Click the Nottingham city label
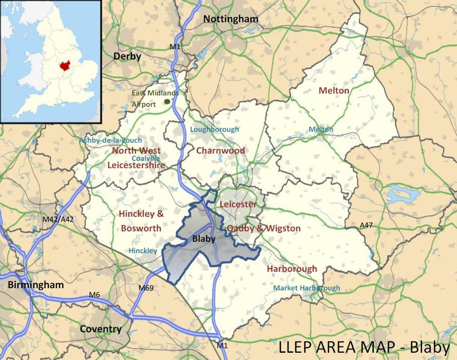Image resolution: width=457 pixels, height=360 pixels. click(x=231, y=19)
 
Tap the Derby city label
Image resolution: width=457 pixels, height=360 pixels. click(x=127, y=56)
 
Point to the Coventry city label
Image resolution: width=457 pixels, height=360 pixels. click(x=101, y=329)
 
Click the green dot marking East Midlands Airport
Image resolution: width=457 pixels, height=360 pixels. click(x=168, y=101)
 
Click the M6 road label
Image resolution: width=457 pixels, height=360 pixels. click(x=94, y=295)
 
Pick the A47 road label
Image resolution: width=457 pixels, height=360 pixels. click(x=366, y=225)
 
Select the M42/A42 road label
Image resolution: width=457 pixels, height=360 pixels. click(x=58, y=219)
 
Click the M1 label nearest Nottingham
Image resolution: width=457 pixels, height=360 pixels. click(x=175, y=46)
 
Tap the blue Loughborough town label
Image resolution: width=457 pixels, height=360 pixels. click(x=214, y=130)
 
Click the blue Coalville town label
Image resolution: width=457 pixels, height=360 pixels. click(x=146, y=158)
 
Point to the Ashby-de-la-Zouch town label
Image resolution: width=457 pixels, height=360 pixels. click(x=111, y=140)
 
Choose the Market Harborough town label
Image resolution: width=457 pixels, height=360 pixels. click(x=306, y=288)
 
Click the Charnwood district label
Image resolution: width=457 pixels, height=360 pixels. click(x=220, y=150)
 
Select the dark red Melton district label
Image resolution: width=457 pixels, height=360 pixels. click(x=334, y=90)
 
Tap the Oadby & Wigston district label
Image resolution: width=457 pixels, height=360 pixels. click(x=263, y=228)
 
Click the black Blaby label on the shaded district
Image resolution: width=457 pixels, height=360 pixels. click(x=204, y=239)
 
